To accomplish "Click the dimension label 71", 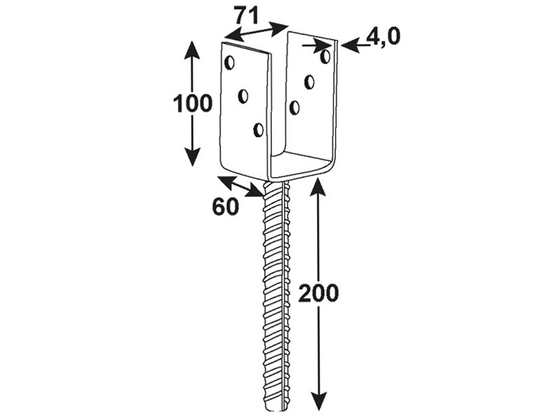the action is point(247,16).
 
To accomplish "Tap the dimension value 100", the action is point(193,104).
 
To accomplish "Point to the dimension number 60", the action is point(225,206).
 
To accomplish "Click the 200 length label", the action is point(318,293).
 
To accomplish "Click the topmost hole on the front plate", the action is point(230,62).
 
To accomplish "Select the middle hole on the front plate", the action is point(244,96).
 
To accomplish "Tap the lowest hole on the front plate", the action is point(258,130).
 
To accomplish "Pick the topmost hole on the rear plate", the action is point(325,57).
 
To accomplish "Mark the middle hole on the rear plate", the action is point(309,82).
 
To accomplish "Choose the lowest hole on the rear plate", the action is point(295,107).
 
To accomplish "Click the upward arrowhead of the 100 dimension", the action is point(192,49).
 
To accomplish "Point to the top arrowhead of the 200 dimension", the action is point(318,188).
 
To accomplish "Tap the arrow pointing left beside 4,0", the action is point(356,46).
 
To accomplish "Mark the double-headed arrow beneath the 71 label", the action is point(256,31).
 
